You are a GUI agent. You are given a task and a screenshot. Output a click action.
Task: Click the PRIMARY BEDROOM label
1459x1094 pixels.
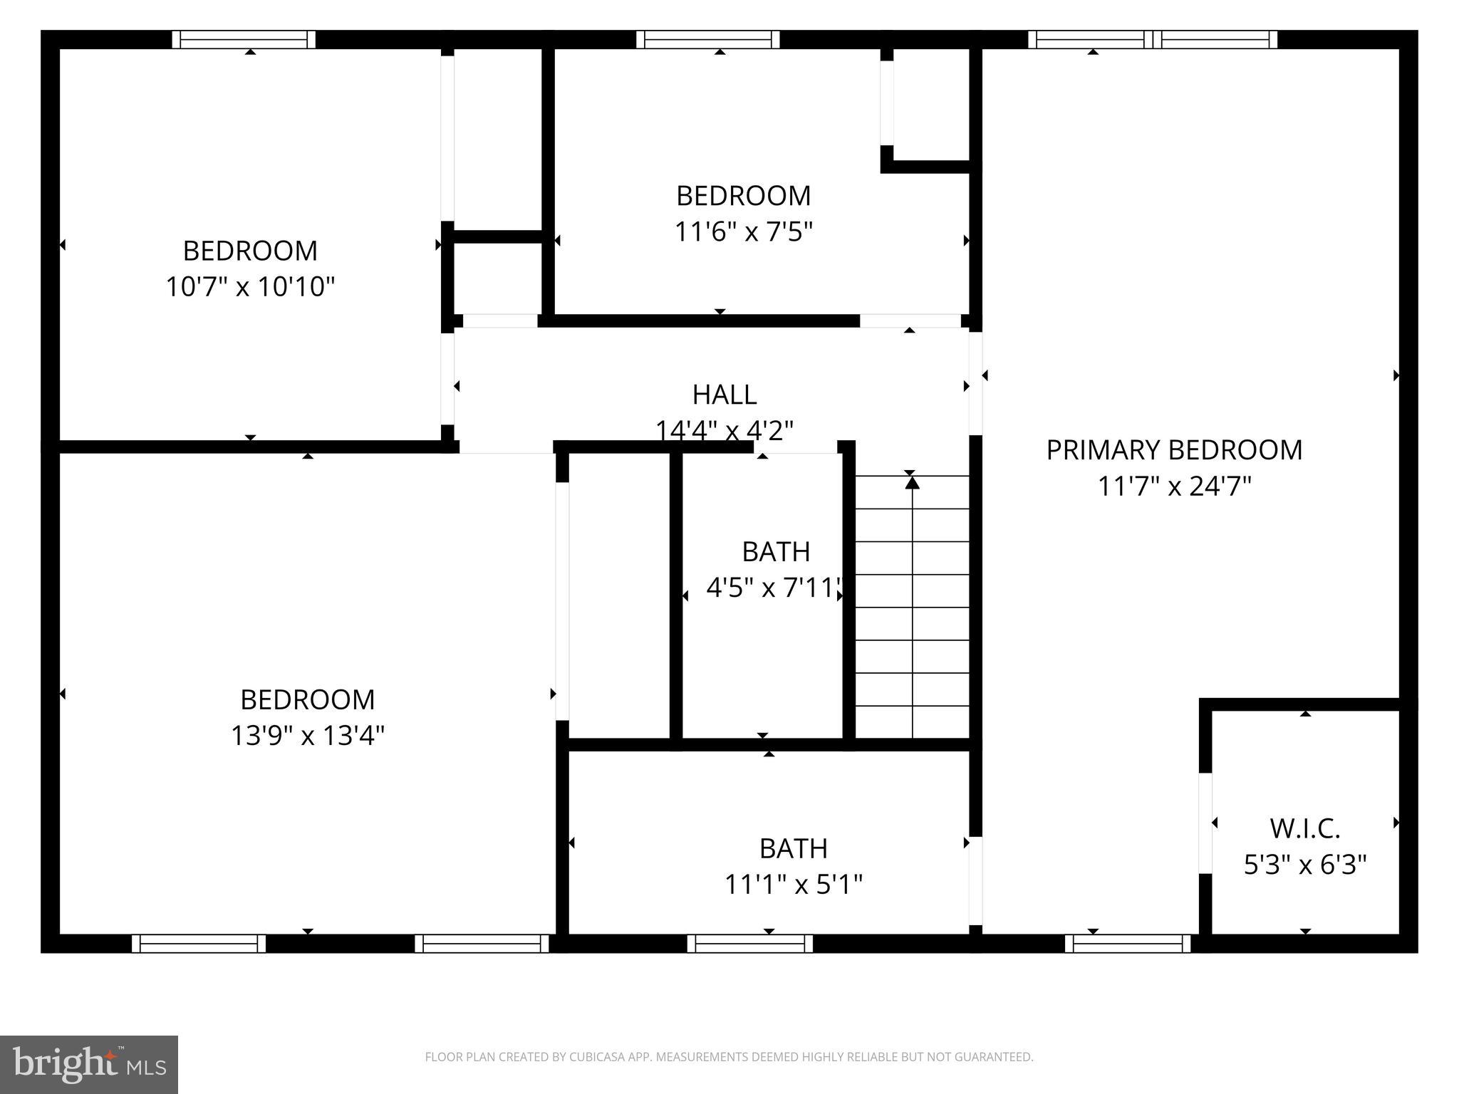[1174, 450]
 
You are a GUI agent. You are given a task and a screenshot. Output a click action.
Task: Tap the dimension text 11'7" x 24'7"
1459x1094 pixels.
[1174, 487]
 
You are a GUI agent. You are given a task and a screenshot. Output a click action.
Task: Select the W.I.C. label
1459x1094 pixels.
[1305, 829]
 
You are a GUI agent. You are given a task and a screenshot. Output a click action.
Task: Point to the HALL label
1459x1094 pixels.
[725, 395]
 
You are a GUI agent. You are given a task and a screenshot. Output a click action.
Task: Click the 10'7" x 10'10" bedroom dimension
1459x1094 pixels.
[250, 287]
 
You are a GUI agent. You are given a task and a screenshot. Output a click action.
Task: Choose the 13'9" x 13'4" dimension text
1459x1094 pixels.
[307, 736]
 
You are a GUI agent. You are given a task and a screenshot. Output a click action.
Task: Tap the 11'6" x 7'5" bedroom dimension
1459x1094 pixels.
[743, 231]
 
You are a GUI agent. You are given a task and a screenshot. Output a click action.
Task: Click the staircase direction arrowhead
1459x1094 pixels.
[912, 483]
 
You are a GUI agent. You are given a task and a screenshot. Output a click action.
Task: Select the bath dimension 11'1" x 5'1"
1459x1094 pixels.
[793, 885]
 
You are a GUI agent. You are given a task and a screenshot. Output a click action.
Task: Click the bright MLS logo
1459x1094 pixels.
[89, 1064]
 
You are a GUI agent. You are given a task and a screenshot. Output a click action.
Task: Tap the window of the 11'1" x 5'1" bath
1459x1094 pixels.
[749, 944]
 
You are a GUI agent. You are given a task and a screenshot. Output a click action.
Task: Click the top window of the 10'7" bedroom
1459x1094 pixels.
[244, 39]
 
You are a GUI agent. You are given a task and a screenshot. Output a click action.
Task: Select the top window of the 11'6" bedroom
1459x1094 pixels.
[707, 39]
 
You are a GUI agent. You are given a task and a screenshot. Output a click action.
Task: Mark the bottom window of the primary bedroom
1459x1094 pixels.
[1127, 944]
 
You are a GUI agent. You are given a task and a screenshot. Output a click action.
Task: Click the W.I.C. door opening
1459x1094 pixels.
[1205, 823]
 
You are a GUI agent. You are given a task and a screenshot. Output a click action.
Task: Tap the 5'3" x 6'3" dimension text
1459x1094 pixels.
[1305, 865]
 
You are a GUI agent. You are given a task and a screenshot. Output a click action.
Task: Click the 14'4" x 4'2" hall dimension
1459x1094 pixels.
[725, 430]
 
